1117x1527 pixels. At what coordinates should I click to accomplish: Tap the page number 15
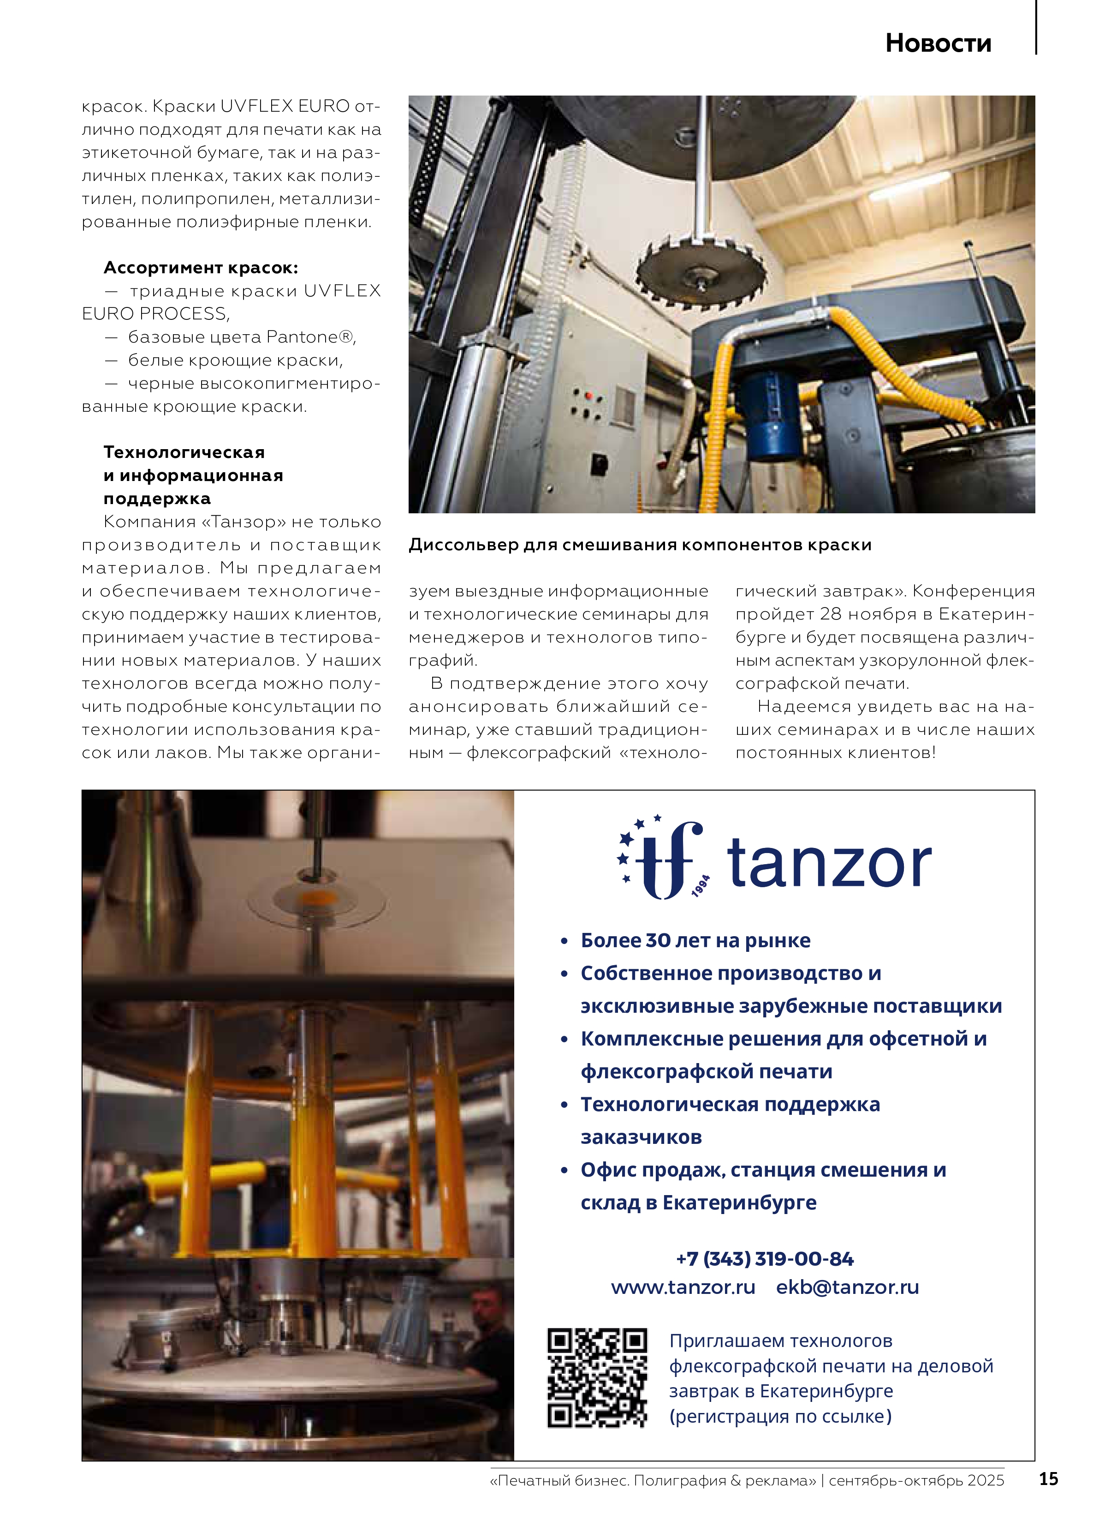[1048, 1479]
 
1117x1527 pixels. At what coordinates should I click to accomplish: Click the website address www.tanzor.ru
[683, 1287]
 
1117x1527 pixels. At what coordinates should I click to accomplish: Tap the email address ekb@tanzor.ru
[847, 1287]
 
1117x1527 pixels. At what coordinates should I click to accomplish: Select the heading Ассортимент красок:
[201, 268]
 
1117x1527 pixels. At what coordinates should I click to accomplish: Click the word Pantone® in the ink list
[310, 337]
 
